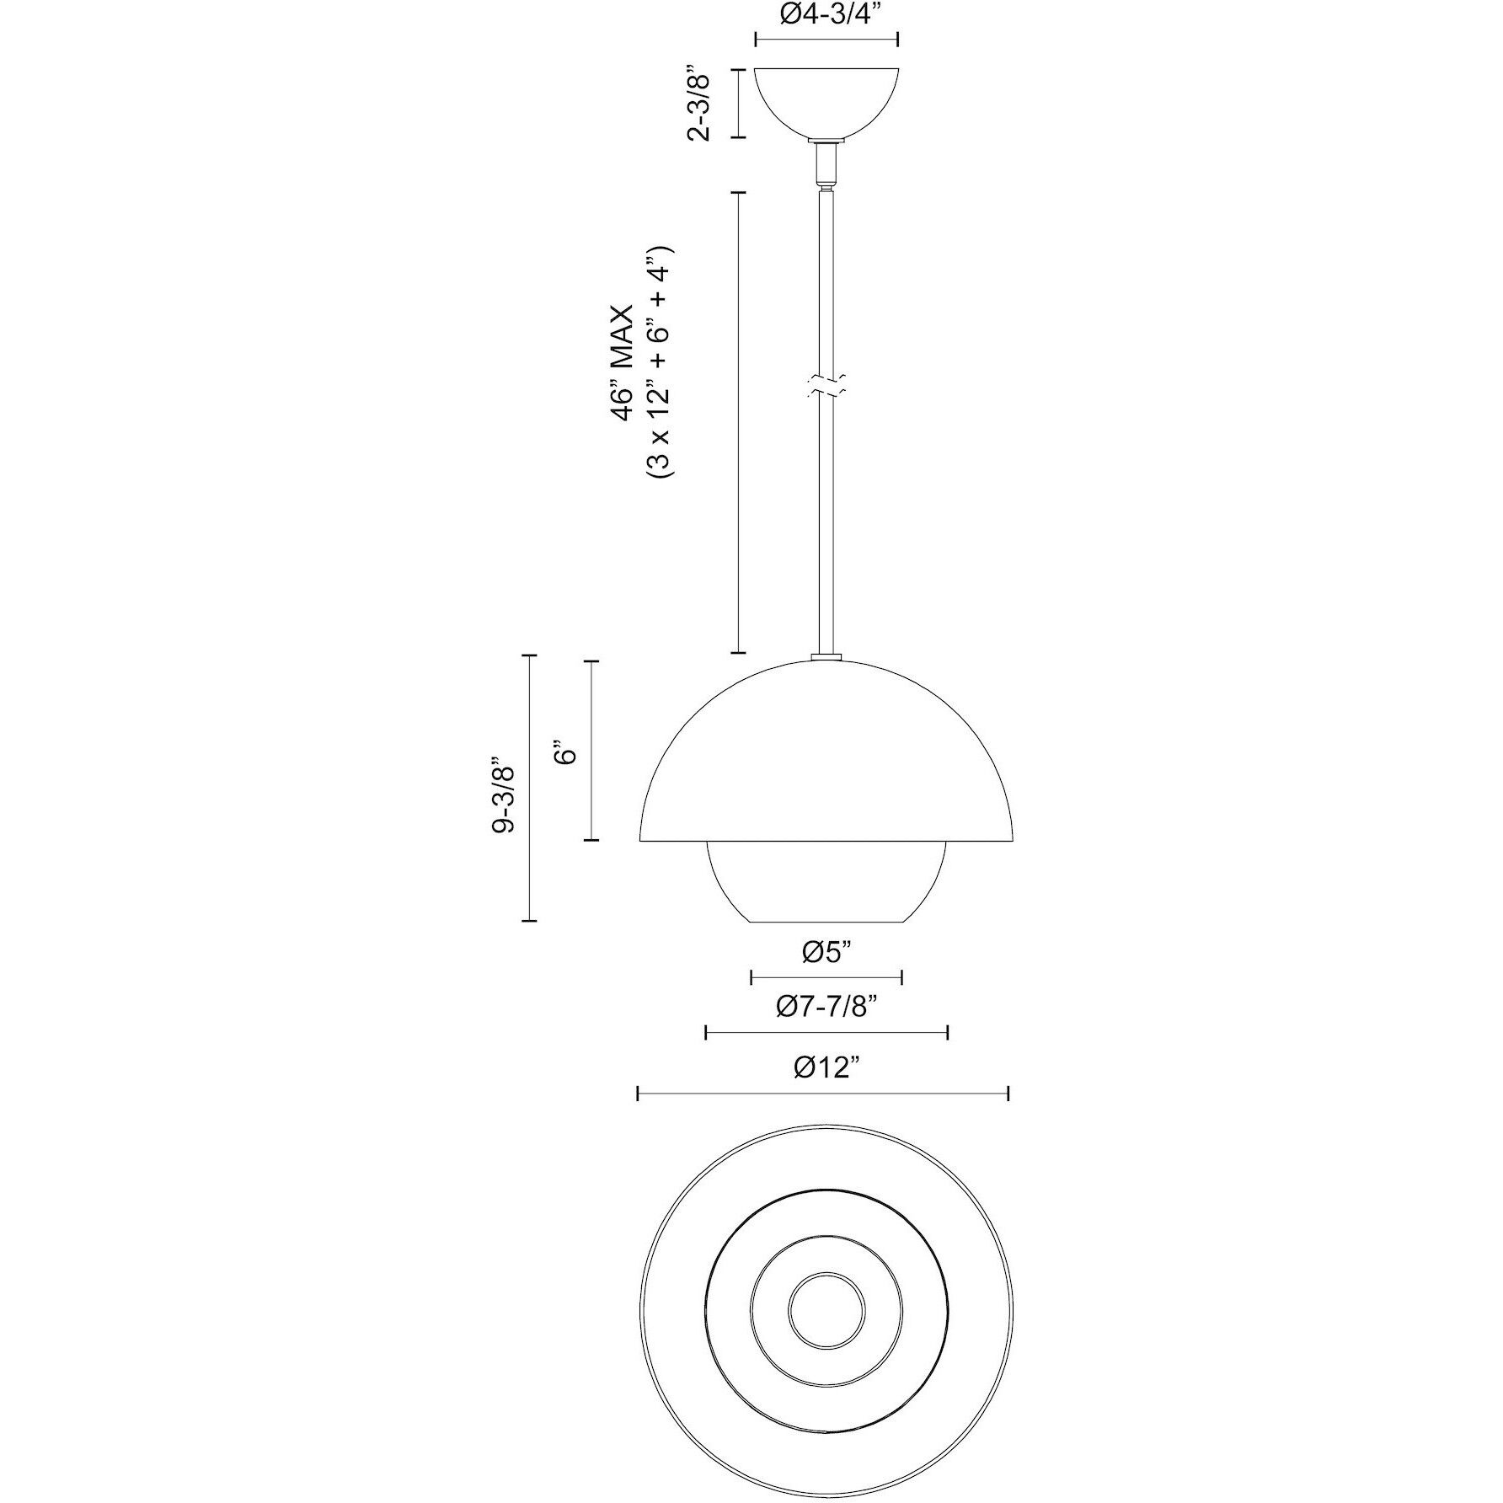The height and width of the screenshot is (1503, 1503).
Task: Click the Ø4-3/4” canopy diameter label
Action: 826,15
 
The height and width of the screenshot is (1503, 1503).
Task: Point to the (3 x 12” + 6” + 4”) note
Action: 661,363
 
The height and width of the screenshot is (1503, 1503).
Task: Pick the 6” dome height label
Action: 565,752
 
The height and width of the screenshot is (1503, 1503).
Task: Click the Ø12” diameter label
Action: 826,1067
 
